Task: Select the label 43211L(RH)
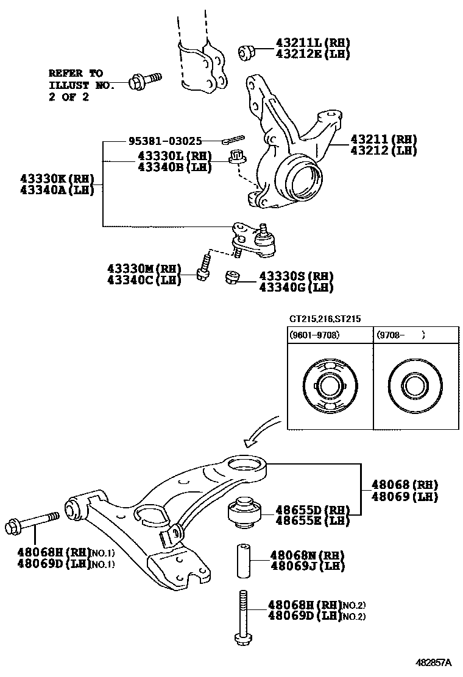pyautogui.click(x=305, y=43)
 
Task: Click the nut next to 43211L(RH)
pyautogui.click(x=247, y=54)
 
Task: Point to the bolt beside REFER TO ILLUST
pyautogui.click(x=144, y=79)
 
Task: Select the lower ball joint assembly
pyautogui.click(x=255, y=237)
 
